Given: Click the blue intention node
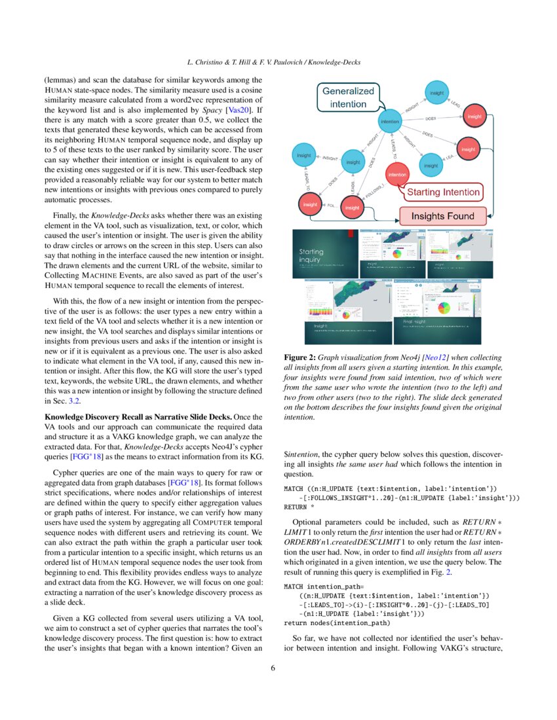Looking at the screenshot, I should tap(391, 121).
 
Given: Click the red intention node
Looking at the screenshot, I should tap(397, 175).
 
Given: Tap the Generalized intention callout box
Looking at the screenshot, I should tap(348, 98).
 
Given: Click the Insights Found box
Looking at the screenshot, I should tap(442, 216).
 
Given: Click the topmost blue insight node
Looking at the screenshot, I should tap(436, 93).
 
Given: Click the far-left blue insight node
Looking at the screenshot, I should tap(303, 155).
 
